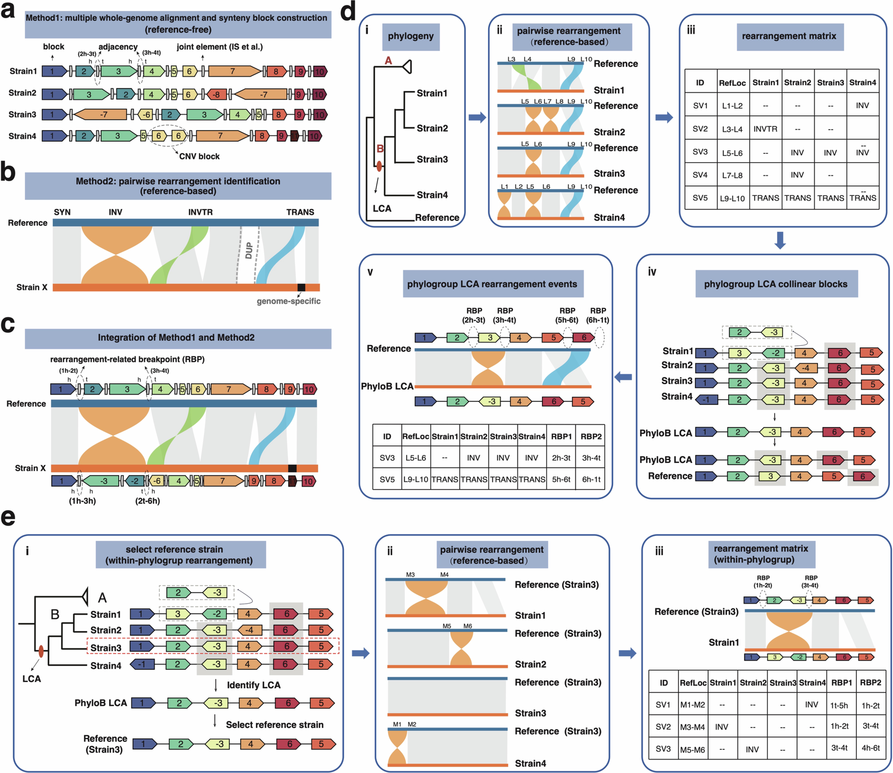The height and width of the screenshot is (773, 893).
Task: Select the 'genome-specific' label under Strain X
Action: point(288,301)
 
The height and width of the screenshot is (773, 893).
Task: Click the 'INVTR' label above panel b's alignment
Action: point(200,212)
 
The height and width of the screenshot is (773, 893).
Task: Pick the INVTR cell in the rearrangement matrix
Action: point(765,129)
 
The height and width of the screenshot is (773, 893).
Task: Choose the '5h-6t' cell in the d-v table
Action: point(561,479)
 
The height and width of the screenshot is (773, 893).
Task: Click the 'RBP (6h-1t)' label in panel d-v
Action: point(598,315)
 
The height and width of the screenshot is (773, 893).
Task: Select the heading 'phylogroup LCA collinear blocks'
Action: point(776,284)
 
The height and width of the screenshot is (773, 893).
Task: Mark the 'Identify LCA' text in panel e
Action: point(253,685)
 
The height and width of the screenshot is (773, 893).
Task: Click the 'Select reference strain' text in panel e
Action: point(274,725)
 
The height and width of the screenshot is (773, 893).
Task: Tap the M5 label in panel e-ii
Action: point(447,626)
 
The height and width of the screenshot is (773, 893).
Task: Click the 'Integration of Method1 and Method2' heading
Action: point(176,337)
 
